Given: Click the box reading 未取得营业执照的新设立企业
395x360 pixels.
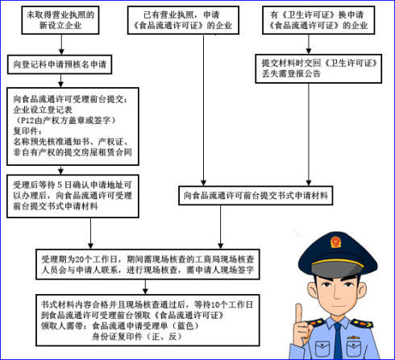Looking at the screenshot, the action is [x=60, y=20].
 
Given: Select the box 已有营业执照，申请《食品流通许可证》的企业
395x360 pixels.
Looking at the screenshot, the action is [x=183, y=20].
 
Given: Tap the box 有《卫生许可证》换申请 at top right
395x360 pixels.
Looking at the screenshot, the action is [x=318, y=20].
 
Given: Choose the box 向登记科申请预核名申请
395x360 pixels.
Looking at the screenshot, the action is [x=60, y=64].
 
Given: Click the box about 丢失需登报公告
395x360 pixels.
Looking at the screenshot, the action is [x=318, y=68].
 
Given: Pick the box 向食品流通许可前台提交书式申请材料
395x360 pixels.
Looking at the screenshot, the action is [x=256, y=196].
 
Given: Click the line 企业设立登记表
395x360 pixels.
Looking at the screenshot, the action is [x=43, y=110].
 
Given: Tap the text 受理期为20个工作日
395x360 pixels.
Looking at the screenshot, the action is [x=80, y=259].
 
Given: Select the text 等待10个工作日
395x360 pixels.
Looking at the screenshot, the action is [x=223, y=304].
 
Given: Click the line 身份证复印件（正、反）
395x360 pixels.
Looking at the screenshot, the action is [x=137, y=337].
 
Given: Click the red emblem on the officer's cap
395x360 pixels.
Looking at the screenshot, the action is [x=335, y=242].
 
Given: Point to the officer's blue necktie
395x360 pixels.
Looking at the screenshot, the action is [x=338, y=341].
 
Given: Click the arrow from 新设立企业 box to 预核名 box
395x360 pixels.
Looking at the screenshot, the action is [x=61, y=44].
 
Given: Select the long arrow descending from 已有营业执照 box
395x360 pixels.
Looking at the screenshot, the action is [x=203, y=110].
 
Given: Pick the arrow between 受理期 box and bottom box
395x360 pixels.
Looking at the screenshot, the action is [x=145, y=287].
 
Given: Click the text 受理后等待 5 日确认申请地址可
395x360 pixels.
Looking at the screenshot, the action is [x=73, y=185].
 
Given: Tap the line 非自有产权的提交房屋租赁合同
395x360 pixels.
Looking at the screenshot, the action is [x=73, y=152].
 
